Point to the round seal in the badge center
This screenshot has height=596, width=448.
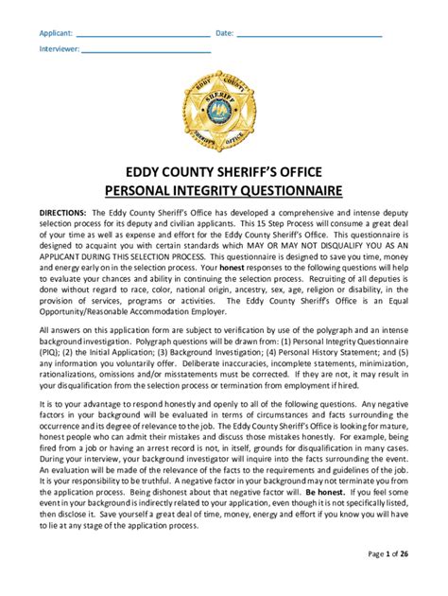click(x=223, y=114)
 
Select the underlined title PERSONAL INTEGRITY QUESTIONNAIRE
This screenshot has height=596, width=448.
click(x=223, y=191)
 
